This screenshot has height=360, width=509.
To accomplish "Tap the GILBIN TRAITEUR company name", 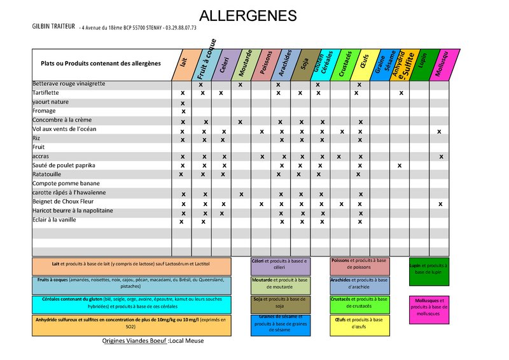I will pyautogui.click(x=54, y=27).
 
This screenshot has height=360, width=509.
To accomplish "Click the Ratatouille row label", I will pyautogui.click(x=47, y=174).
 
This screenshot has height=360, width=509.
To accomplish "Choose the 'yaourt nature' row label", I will pyautogui.click(x=50, y=102).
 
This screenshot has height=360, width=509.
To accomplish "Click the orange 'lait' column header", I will pyautogui.click(x=183, y=65).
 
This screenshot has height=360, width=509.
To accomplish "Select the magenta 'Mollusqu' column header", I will pyautogui.click(x=440, y=65).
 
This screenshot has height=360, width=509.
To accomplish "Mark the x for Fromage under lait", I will pyautogui.click(x=183, y=111).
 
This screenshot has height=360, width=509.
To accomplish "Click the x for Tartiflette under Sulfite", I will pyautogui.click(x=401, y=93).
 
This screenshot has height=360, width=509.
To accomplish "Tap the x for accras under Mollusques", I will pyautogui.click(x=440, y=156).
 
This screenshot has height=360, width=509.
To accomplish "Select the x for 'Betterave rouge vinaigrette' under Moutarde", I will pyautogui.click(x=240, y=84).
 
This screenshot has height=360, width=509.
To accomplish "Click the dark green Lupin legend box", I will pyautogui.click(x=429, y=270).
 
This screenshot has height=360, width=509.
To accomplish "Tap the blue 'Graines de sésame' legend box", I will pyautogui.click(x=280, y=324).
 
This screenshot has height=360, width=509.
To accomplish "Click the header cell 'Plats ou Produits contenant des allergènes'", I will pyautogui.click(x=101, y=64).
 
